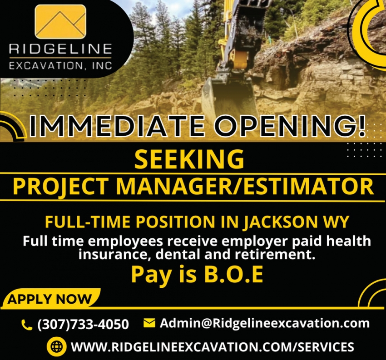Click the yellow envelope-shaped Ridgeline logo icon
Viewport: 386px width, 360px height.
60,21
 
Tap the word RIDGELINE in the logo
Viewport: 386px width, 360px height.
60,49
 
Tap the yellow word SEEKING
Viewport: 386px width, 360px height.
189,159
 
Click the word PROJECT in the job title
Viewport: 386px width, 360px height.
61,187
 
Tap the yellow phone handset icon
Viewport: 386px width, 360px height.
27,325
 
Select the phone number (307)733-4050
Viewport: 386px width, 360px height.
83,324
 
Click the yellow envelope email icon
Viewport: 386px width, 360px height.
149,323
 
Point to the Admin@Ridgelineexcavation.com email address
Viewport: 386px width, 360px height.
265,323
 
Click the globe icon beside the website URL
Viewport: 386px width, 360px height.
56,346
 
